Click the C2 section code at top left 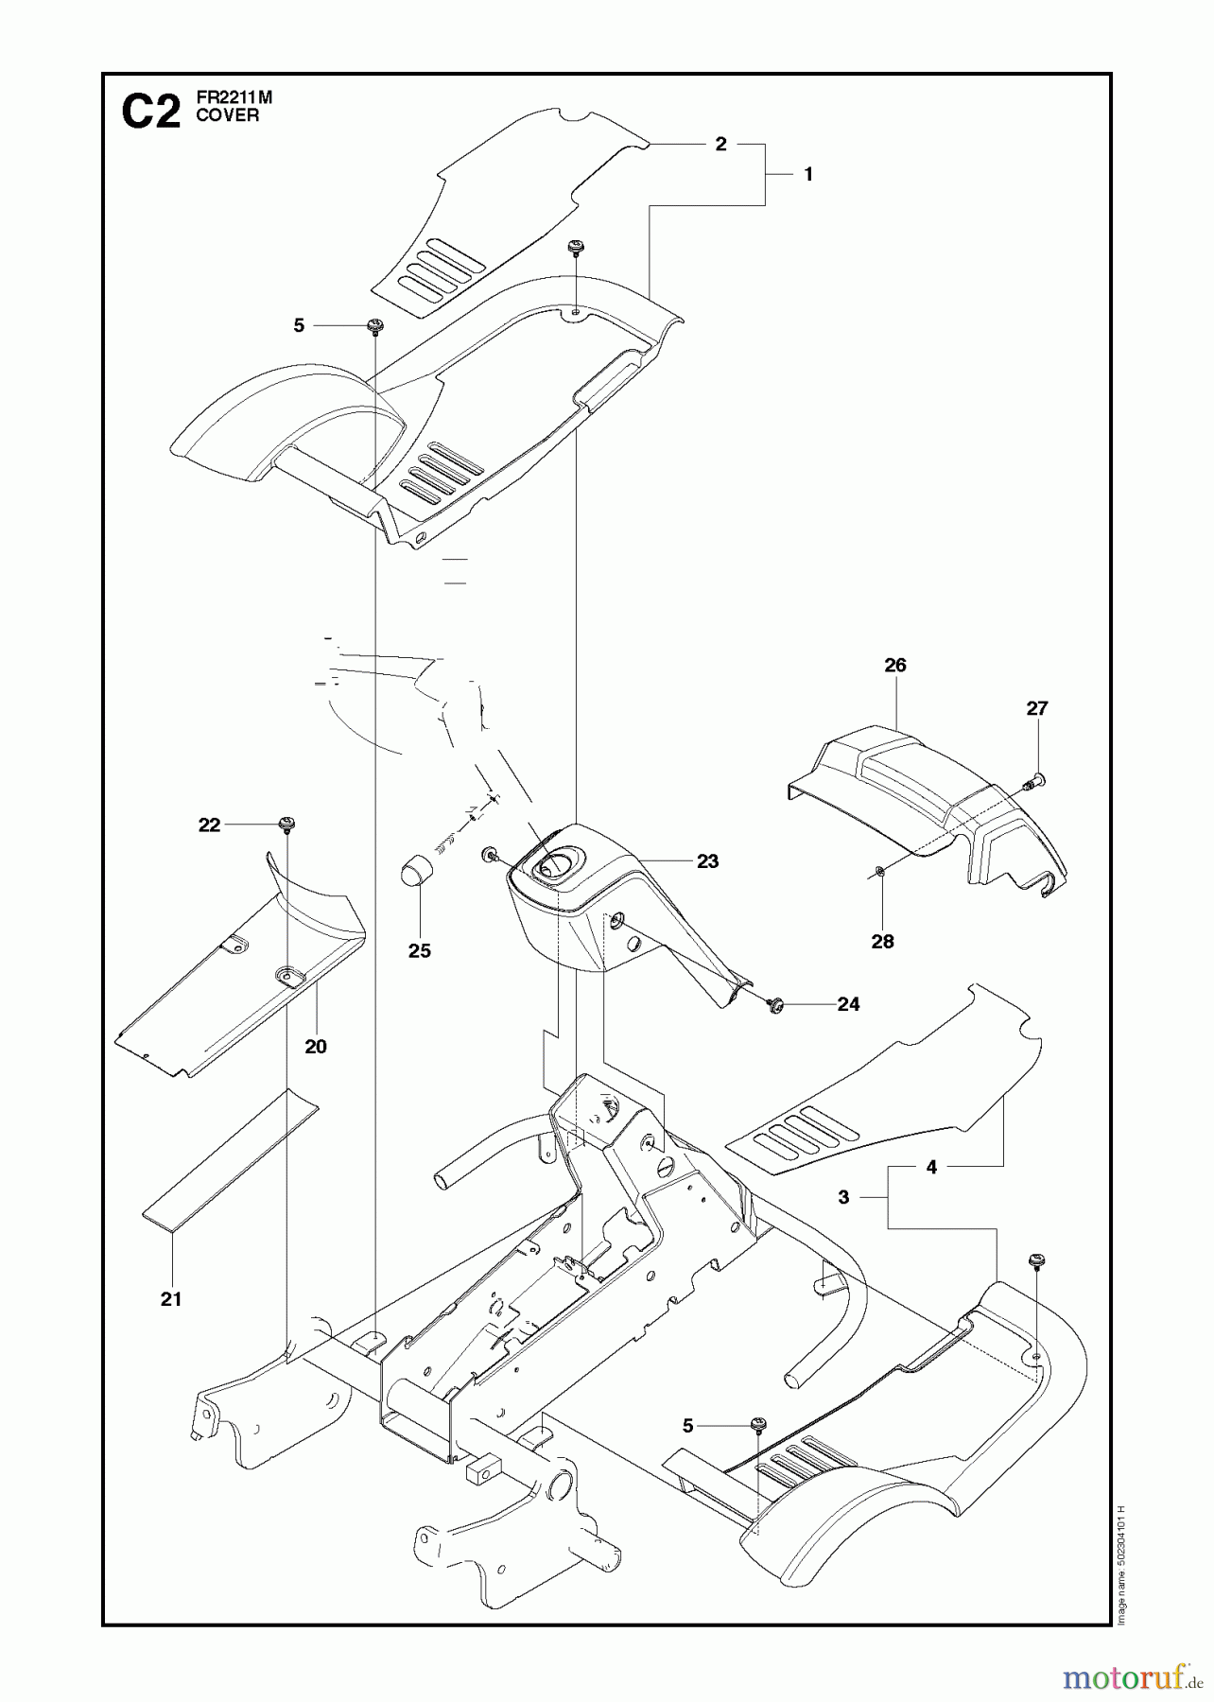(151, 114)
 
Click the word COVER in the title (227, 116)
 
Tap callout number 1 (807, 174)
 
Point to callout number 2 (720, 144)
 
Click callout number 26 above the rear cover (894, 666)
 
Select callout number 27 (1037, 708)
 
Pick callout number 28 (882, 941)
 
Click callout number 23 (707, 861)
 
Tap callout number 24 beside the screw (848, 1004)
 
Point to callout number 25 (419, 951)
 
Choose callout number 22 (209, 825)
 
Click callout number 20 (316, 1047)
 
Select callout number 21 (170, 1299)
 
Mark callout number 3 (843, 1197)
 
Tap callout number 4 (931, 1168)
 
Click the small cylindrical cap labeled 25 (413, 869)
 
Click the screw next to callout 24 (777, 1004)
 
